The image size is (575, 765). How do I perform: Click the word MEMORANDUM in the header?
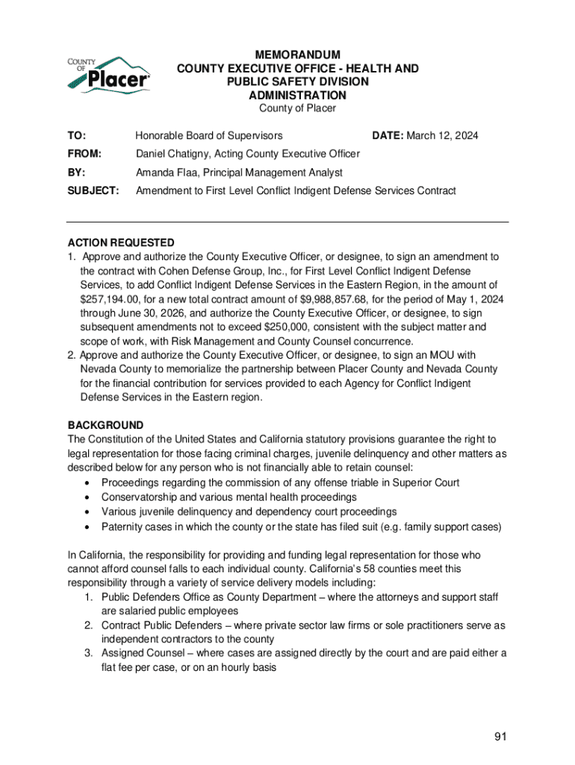[x=297, y=55]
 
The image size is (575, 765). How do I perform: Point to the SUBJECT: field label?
[x=93, y=191]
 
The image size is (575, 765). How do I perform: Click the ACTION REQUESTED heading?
[x=121, y=243]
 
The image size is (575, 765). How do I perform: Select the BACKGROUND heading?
[x=105, y=425]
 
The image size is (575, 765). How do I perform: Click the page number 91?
[x=500, y=737]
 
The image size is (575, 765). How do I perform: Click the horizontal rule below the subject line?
[x=287, y=222]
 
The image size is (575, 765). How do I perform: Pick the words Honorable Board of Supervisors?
[x=209, y=136]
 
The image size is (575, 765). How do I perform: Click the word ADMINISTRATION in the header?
[x=297, y=96]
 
